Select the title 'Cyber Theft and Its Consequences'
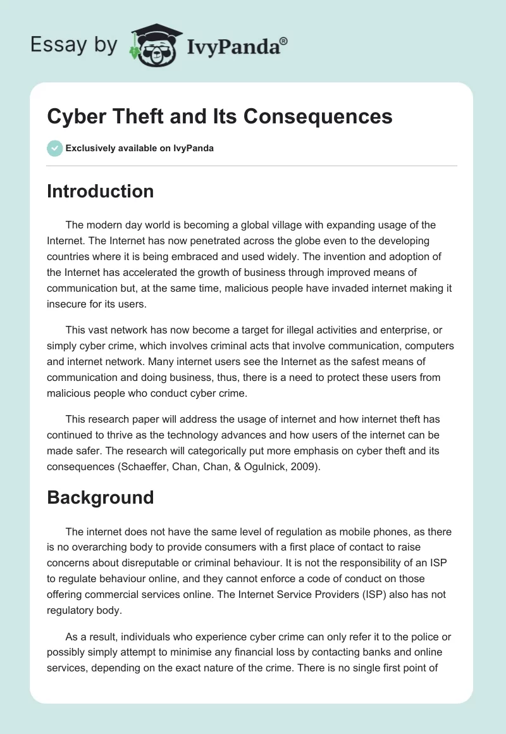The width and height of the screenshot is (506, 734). [x=219, y=116]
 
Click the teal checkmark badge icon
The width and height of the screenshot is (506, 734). [x=54, y=148]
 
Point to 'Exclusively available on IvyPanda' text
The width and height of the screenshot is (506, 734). [x=139, y=149]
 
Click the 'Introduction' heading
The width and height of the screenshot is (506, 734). [x=100, y=191]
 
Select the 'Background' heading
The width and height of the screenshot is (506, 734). [x=100, y=497]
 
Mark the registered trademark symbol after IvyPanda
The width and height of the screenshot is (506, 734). [x=284, y=41]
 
